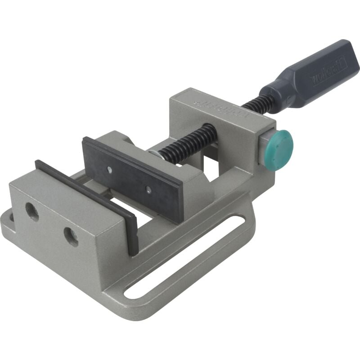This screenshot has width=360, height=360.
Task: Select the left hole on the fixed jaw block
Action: [x=31, y=211]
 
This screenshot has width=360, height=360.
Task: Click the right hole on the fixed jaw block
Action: [x=70, y=236]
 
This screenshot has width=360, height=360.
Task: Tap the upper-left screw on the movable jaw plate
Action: [x=109, y=170]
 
